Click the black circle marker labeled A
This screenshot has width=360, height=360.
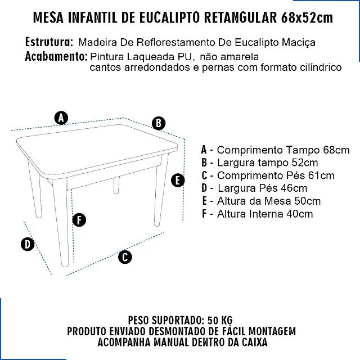(x=61, y=118)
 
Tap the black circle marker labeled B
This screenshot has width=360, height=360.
(x=159, y=123)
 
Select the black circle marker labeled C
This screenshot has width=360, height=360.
(x=125, y=257)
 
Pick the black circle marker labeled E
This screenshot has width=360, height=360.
(x=177, y=181)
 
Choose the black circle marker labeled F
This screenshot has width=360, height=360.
(x=79, y=220)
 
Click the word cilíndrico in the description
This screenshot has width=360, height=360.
(x=319, y=67)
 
